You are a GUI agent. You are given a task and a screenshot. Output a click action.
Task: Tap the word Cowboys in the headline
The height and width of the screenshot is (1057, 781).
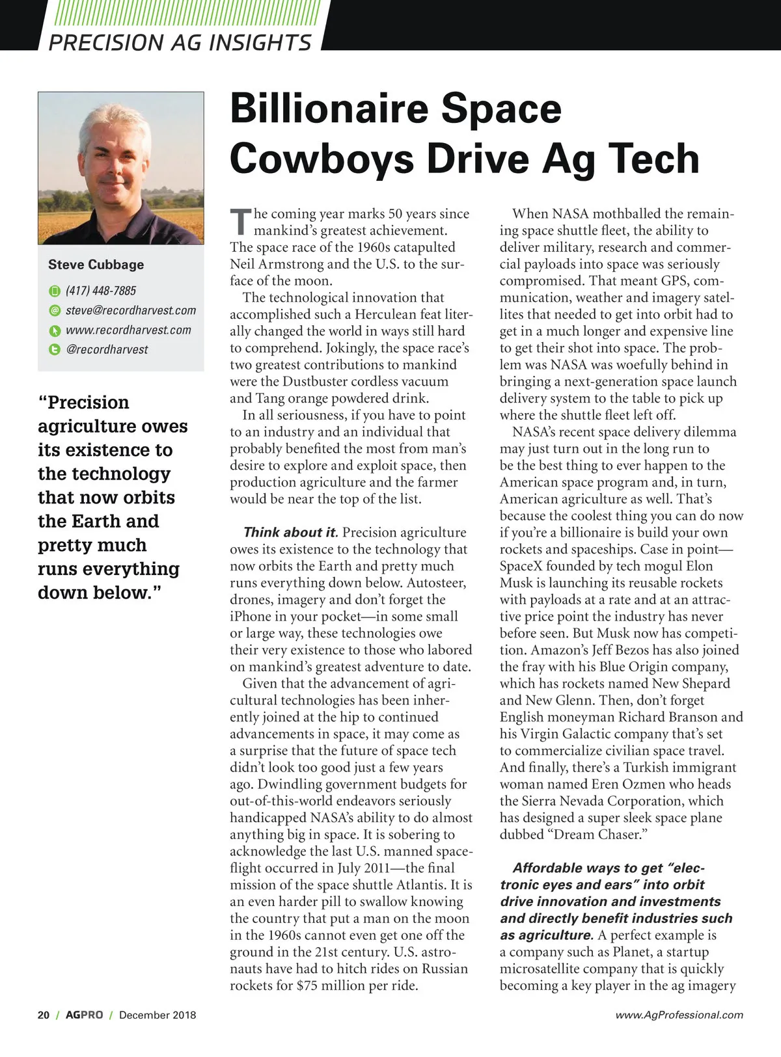pyautogui.click(x=322, y=159)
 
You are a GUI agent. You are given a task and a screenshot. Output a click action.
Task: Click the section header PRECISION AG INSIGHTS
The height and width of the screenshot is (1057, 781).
pyautogui.click(x=180, y=43)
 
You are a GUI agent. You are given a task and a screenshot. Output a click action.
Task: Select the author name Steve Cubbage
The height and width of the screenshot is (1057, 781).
pyautogui.click(x=96, y=265)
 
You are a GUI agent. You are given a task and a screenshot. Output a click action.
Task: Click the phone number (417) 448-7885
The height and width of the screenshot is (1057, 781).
pyautogui.click(x=101, y=291)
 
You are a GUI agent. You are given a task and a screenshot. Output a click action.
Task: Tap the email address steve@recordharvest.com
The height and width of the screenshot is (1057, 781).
pyautogui.click(x=131, y=310)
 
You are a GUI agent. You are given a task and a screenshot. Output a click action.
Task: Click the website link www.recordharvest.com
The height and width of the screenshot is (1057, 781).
pyautogui.click(x=128, y=330)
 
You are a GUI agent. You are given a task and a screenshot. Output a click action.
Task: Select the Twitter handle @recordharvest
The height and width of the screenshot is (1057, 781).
pyautogui.click(x=107, y=349)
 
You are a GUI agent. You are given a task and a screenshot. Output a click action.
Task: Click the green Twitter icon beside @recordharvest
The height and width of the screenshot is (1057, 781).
pyautogui.click(x=55, y=349)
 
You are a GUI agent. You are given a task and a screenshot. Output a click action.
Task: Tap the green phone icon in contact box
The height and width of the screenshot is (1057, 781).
pyautogui.click(x=55, y=291)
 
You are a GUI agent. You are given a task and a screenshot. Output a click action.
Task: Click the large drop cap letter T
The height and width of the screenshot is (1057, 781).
pyautogui.click(x=240, y=221)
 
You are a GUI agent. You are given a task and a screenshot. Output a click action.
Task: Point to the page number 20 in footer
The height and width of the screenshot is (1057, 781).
pyautogui.click(x=44, y=1015)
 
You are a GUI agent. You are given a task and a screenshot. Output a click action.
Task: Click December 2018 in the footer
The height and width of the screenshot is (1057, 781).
pyautogui.click(x=158, y=1015)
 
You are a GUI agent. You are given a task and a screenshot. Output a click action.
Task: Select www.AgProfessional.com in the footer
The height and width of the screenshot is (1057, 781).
pyautogui.click(x=679, y=1015)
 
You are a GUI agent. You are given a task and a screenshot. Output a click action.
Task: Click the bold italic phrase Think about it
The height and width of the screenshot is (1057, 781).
pyautogui.click(x=290, y=532)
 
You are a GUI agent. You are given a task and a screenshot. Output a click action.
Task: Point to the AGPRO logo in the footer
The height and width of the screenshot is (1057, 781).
pyautogui.click(x=84, y=1015)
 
